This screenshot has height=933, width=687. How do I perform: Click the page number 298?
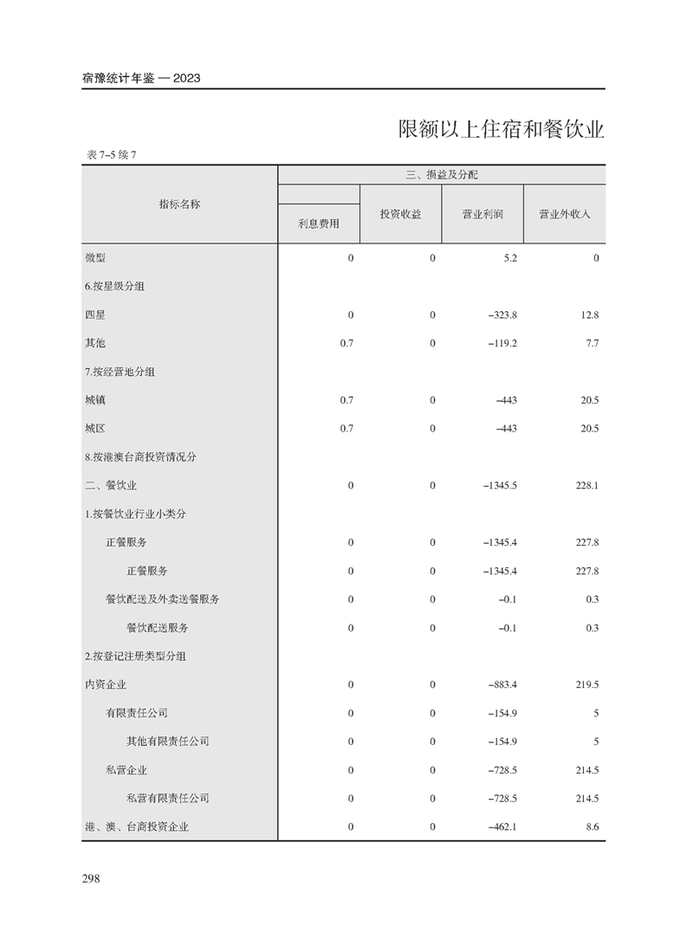[91, 878]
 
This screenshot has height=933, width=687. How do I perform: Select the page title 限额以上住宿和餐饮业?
[501, 130]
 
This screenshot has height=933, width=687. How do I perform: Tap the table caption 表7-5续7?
[113, 155]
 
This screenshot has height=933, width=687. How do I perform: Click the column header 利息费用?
[318, 224]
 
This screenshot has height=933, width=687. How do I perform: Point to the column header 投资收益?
[400, 213]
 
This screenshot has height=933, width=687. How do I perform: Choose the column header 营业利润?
[483, 213]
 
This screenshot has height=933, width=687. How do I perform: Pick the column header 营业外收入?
[564, 213]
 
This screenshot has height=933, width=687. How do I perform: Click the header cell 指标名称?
[179, 204]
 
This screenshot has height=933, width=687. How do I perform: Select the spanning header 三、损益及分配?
[441, 175]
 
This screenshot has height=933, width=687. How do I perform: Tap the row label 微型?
[94, 258]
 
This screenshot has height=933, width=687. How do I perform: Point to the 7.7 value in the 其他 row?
[592, 343]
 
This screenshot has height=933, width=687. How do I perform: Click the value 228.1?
[587, 485]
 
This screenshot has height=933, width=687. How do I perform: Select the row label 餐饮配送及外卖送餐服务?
[162, 599]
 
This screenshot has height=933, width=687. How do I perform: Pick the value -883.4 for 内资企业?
[502, 684]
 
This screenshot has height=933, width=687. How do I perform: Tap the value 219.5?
[587, 684]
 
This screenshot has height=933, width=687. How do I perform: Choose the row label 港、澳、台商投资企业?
[136, 826]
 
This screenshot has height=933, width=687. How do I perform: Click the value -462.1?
[502, 826]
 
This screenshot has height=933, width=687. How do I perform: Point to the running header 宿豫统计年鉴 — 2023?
[141, 78]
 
